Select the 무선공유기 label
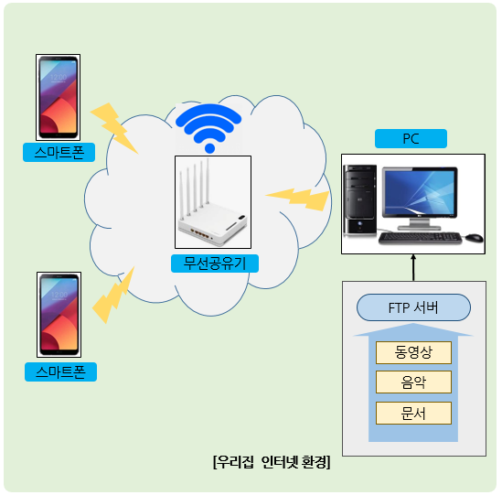pos(214,264)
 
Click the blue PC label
pos(411,139)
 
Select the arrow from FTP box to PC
pos(412,269)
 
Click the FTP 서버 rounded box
pos(413,307)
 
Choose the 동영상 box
pos(413,351)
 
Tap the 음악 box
pos(413,382)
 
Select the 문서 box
pos(413,412)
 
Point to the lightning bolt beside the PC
pos(295,195)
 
